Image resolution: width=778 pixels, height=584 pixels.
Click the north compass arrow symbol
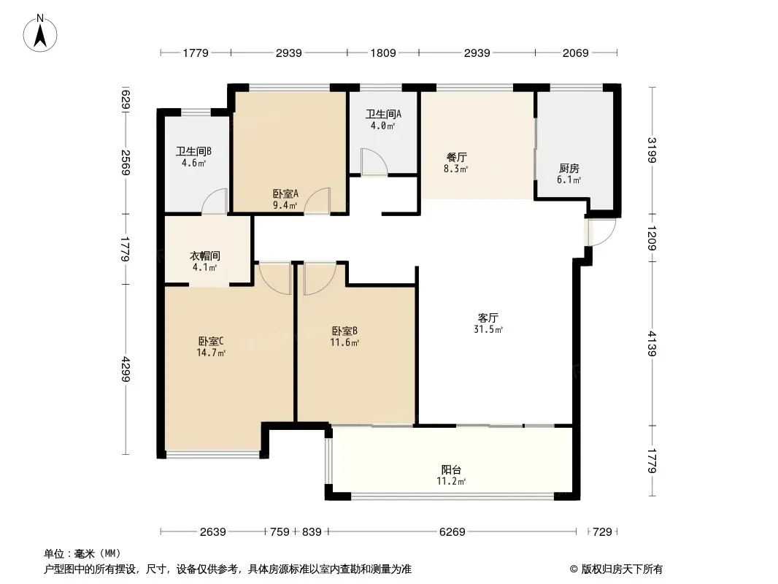(40, 33)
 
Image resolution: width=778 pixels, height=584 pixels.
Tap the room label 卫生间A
(384, 114)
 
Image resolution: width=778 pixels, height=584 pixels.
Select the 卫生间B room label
(193, 151)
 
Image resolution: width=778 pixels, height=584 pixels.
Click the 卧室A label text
(285, 194)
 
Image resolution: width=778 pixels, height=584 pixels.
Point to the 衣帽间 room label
(205, 256)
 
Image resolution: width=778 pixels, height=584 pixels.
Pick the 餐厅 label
(456, 157)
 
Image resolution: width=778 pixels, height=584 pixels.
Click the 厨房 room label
(569, 169)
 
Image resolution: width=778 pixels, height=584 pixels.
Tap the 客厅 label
(488, 318)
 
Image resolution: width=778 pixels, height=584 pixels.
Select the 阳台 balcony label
(452, 470)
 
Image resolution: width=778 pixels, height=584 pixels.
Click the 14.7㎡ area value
(212, 353)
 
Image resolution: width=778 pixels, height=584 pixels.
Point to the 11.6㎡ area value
(344, 342)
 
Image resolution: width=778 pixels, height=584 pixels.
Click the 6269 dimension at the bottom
(452, 532)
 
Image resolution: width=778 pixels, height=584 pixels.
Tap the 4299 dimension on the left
(126, 369)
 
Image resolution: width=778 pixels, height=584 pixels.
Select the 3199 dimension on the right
(652, 150)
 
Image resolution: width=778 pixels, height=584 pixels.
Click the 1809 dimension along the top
(383, 53)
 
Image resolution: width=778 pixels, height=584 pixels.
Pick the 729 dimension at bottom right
(602, 532)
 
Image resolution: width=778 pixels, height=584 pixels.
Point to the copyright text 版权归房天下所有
(622, 569)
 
